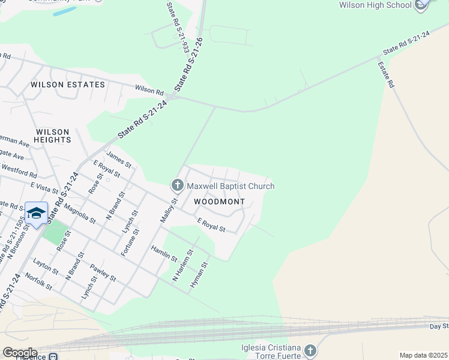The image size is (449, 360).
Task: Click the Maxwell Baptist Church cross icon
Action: (x=177, y=185)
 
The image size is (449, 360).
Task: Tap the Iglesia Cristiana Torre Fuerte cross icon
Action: (x=310, y=350)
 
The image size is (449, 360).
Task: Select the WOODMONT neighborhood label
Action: (x=220, y=202)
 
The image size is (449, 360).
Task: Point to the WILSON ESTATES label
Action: (x=67, y=85)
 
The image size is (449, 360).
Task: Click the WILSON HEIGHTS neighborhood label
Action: (x=52, y=136)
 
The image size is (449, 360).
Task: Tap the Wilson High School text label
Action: (x=375, y=5)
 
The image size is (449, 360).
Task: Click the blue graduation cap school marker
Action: (x=36, y=214)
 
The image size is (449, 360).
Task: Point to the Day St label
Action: (x=439, y=326)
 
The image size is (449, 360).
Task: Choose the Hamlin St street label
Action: (x=164, y=253)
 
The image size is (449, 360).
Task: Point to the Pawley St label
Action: (x=103, y=272)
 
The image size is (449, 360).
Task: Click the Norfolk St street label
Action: (x=39, y=281)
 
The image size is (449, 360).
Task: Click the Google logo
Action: (x=20, y=353)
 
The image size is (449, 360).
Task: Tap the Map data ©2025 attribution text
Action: (x=423, y=355)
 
